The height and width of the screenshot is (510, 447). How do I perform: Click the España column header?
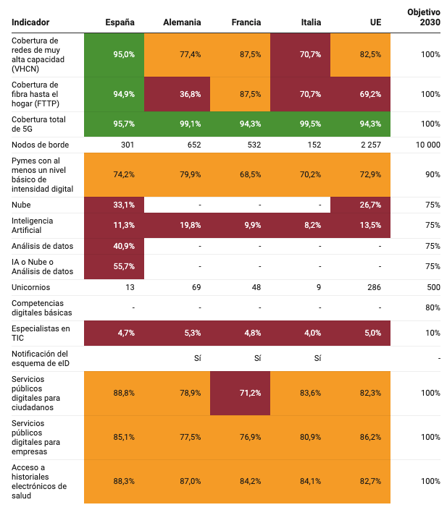120,22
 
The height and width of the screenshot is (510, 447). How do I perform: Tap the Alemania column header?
182,22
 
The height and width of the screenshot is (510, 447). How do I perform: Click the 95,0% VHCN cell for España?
124,55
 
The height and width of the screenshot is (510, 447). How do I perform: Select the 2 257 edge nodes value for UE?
369,145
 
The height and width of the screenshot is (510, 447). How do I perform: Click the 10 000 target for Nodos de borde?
427,145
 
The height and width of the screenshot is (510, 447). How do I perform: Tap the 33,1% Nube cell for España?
124,205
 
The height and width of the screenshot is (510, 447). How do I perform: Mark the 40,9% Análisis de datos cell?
124,246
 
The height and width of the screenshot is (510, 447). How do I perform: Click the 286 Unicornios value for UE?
374,288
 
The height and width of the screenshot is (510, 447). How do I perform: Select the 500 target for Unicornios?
433,288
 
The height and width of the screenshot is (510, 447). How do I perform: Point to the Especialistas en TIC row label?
40,333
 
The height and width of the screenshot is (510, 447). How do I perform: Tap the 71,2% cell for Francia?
248,393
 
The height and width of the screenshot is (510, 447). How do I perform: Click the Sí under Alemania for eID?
196,359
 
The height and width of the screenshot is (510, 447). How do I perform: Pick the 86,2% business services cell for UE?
369,437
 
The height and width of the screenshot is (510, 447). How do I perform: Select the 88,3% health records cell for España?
124,481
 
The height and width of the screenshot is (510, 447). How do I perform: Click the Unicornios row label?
30,288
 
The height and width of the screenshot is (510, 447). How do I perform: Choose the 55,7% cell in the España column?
124,266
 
